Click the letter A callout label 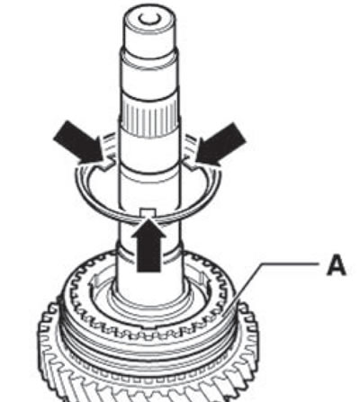337,266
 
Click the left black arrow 79,142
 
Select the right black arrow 221,144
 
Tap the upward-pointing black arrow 148,246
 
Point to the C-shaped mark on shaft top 148,20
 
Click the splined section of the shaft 149,118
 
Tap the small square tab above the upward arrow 148,212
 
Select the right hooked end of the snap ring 191,165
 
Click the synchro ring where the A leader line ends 222,316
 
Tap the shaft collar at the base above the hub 149,255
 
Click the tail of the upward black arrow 148,272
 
